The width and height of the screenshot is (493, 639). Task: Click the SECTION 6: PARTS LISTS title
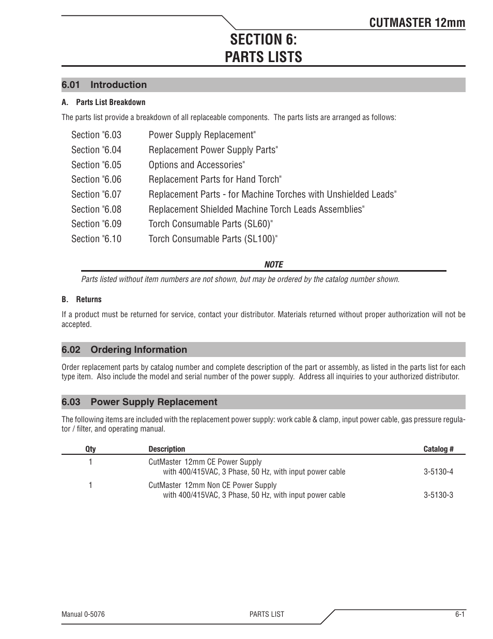point(264,48)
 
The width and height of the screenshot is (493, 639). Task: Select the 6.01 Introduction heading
point(104,85)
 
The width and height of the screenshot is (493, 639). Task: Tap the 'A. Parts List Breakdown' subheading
point(103,102)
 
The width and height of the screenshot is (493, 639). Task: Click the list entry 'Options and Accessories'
point(196,165)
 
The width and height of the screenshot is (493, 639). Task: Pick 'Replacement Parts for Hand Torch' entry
point(214,180)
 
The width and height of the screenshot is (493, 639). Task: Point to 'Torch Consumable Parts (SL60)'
point(210,224)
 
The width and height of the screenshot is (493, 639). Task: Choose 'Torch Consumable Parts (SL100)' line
point(213,239)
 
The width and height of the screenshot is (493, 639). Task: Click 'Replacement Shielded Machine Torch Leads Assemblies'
point(256,209)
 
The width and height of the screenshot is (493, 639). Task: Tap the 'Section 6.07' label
point(96,195)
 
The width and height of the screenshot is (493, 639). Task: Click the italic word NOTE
point(273,264)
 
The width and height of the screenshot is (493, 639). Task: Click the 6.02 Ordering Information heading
point(124,350)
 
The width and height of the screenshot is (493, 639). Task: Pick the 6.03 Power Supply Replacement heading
point(139,402)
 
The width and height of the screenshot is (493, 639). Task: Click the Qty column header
point(90,449)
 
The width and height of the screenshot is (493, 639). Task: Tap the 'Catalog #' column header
point(438,449)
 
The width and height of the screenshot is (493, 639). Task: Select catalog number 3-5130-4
point(438,472)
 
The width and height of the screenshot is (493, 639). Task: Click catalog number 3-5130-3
point(438,495)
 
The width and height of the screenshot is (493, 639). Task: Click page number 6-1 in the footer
point(460,614)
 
